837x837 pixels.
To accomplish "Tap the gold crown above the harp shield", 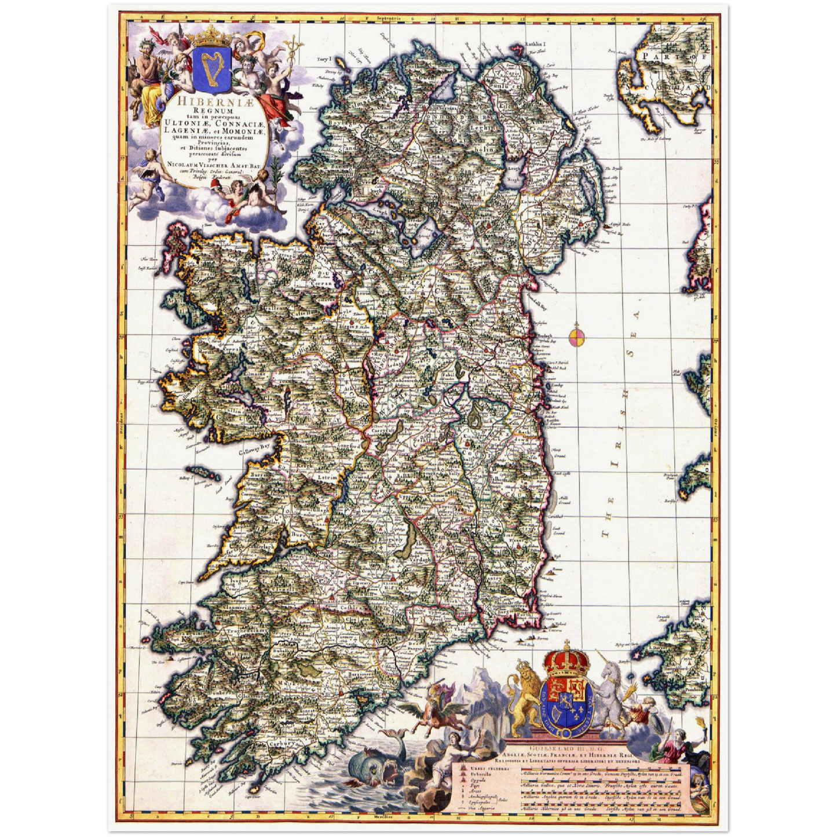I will [211, 38].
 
